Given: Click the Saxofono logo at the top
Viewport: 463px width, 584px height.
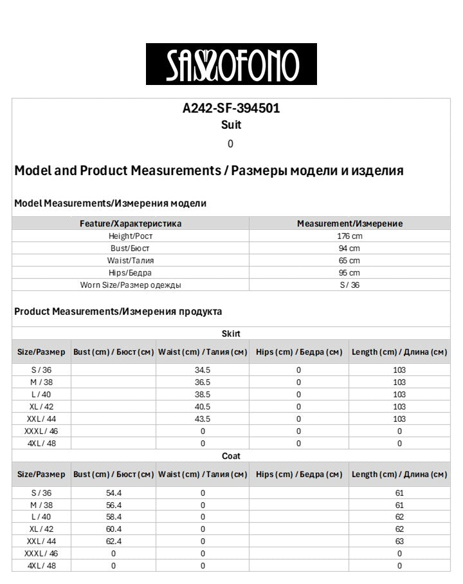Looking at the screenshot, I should coord(231,64).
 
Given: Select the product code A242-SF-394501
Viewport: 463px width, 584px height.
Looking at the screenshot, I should coord(231,108).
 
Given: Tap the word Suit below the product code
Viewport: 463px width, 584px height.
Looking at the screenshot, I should coord(231,125).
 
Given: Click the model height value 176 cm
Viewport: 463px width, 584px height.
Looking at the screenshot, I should coord(349,236).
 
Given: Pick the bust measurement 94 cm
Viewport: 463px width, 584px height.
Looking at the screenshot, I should coord(349,249).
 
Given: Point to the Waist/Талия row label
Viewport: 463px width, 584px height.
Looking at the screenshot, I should coord(131,261).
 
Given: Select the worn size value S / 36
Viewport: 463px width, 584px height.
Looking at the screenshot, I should coord(349,285).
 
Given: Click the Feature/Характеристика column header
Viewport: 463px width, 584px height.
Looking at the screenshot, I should coord(131,223).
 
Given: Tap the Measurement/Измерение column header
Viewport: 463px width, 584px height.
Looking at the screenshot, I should coord(349,223).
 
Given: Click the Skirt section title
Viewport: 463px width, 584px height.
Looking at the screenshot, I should coord(231,334).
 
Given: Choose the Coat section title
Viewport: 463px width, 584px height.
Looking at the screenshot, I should coord(231,456).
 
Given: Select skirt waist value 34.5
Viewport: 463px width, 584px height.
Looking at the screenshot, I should coord(203,370).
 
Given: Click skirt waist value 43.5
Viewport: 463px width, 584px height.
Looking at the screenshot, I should coord(203,419).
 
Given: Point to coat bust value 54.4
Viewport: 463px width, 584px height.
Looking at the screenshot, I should coord(113,493).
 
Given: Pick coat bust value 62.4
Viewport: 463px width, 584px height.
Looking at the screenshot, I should coord(113,542).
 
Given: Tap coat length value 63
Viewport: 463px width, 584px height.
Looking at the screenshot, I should coord(399,542).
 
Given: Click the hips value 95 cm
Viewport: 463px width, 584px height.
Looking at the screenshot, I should coord(349,273).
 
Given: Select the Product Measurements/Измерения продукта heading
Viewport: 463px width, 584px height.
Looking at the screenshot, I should coord(118,312).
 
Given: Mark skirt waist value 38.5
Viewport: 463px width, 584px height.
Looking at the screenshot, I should coord(203,395).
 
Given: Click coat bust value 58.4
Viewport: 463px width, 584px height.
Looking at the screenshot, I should coord(113,517).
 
